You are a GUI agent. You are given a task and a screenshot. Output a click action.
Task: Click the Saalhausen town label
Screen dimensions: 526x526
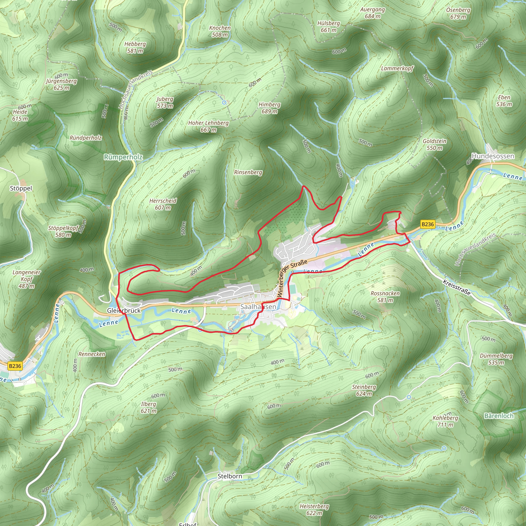tap(258, 307)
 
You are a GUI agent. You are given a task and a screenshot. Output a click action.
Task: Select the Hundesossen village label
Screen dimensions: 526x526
tap(493, 156)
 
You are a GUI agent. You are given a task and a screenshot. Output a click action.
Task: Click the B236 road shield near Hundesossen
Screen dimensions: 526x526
tap(427, 224)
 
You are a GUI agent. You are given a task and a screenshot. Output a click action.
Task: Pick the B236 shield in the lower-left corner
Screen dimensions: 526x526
tap(15, 366)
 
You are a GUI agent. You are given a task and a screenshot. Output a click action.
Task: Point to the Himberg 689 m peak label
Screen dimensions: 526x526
tap(269, 108)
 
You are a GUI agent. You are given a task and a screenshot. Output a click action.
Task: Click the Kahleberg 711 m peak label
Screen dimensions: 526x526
tap(445, 421)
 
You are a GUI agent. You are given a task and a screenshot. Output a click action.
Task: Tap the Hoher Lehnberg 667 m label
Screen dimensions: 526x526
tap(208, 126)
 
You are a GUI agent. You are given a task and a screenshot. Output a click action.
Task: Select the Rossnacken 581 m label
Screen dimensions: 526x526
tap(385, 297)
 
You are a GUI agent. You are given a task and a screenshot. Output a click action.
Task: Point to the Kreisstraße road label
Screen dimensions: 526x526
tap(457, 287)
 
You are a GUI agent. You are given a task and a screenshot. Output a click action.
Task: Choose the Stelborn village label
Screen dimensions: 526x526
tap(230, 476)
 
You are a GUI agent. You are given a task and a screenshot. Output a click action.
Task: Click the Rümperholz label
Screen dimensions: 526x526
tap(123, 157)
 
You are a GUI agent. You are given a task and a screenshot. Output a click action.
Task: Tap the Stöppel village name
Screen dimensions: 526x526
tap(21, 189)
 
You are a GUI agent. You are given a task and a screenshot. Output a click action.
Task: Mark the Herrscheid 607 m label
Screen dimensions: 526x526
tap(163, 204)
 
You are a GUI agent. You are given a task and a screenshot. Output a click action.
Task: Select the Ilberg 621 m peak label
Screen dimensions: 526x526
tap(149, 407)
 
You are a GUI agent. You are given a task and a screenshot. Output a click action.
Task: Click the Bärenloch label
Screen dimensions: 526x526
tap(499, 416)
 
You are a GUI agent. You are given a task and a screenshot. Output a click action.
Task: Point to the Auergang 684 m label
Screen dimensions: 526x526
tap(372, 13)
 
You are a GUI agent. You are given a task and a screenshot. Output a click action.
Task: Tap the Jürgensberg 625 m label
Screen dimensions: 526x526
tap(61, 84)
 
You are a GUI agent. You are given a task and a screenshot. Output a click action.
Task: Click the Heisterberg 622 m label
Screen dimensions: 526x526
tap(314, 510)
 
